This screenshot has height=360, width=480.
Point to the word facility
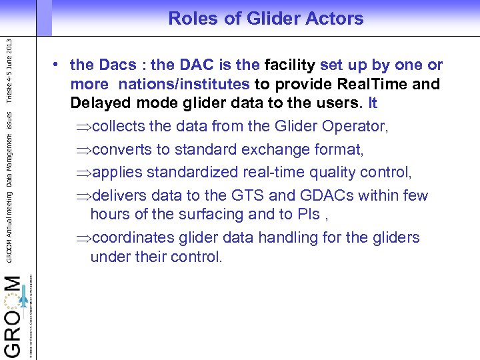[x=290, y=65]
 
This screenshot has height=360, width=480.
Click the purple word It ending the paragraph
[x=372, y=104]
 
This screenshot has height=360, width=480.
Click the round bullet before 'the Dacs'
[x=59, y=65]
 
